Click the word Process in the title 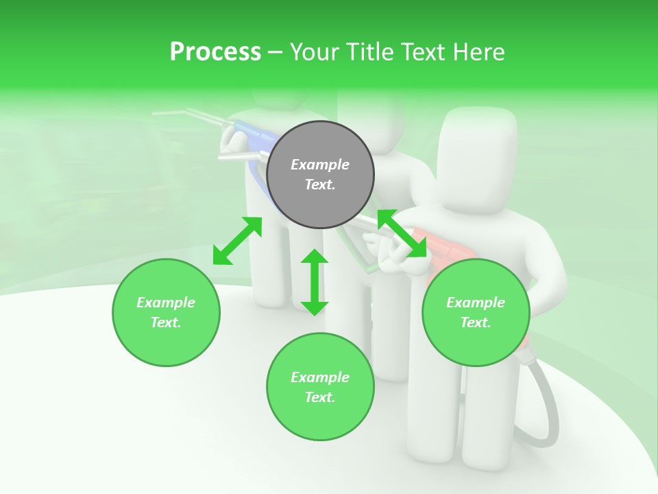pyautogui.click(x=215, y=52)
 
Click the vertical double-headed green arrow pyautogui.click(x=315, y=282)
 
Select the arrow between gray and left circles pyautogui.click(x=237, y=241)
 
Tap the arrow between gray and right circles pyautogui.click(x=402, y=234)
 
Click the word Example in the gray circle pyautogui.click(x=320, y=165)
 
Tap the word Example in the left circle pyautogui.click(x=166, y=303)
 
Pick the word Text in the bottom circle pyautogui.click(x=320, y=397)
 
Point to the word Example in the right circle pyautogui.click(x=476, y=303)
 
